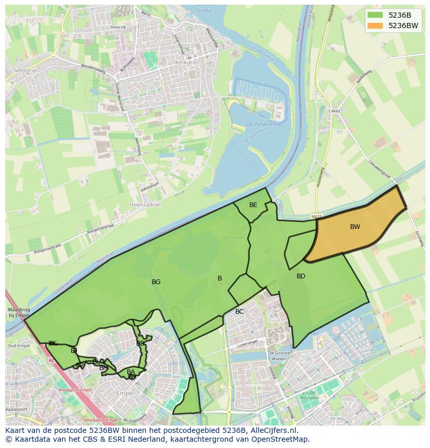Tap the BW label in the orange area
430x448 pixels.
click(x=355, y=227)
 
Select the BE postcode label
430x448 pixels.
click(x=253, y=205)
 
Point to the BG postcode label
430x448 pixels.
click(x=156, y=282)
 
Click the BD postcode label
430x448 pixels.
click(x=301, y=276)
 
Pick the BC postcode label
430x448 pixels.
click(x=239, y=312)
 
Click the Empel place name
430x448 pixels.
click(x=125, y=393)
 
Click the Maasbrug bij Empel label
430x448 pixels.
click(x=18, y=312)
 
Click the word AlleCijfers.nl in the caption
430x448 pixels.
click(x=271, y=430)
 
